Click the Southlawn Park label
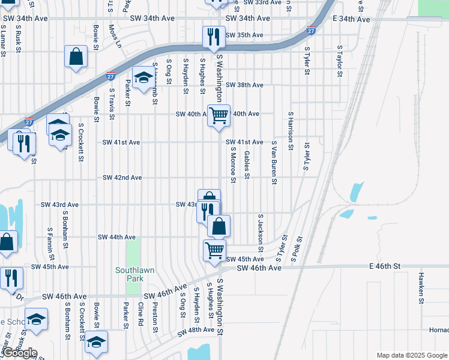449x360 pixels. [x=134, y=274]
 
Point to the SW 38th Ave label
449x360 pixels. [x=244, y=85]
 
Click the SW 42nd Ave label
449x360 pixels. [x=122, y=178]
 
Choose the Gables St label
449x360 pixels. [x=247, y=164]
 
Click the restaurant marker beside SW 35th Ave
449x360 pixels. [x=213, y=37]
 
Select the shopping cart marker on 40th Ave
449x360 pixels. [x=219, y=115]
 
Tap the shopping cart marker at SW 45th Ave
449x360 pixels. [x=214, y=250]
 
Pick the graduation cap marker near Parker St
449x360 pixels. [x=144, y=78]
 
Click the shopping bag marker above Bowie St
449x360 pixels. [x=77, y=58]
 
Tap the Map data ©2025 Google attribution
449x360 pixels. [x=411, y=355]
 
